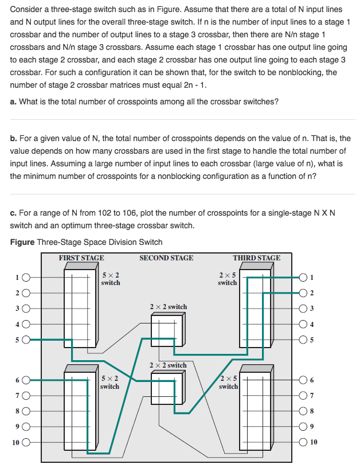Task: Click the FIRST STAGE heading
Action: point(81,258)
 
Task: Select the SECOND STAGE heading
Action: point(166,258)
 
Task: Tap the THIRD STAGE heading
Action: point(257,258)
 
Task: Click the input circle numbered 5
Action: point(26,339)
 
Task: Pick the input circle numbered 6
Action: point(26,379)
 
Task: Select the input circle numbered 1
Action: point(26,278)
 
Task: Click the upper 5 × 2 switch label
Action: point(110,279)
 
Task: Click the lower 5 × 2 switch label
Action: point(109,382)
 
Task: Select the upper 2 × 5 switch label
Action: point(227,278)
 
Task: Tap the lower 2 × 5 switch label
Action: point(228,382)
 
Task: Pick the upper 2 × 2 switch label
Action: point(168,307)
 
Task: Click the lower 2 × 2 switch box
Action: point(167,385)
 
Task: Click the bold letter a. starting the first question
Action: point(14,102)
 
